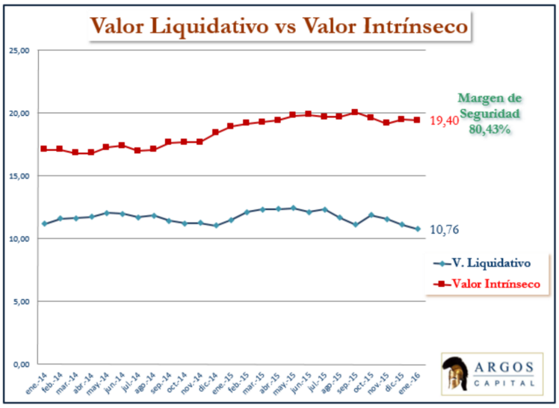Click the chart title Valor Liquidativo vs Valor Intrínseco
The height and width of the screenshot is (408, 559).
279,25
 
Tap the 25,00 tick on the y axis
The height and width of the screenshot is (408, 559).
19,50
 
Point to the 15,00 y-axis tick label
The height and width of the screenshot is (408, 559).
19,176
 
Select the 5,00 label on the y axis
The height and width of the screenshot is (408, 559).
20,301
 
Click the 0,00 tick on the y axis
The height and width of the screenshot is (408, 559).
20,364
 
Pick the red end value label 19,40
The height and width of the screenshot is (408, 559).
446,120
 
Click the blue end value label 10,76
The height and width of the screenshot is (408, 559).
446,229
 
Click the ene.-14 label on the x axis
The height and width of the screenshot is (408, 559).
37,383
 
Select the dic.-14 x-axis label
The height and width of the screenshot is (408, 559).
209,383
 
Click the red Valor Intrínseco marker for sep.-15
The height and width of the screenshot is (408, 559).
355,113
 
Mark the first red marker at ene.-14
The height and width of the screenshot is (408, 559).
44,149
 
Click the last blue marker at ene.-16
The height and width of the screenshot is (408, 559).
418,229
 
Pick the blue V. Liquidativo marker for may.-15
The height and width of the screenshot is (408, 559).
293,208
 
